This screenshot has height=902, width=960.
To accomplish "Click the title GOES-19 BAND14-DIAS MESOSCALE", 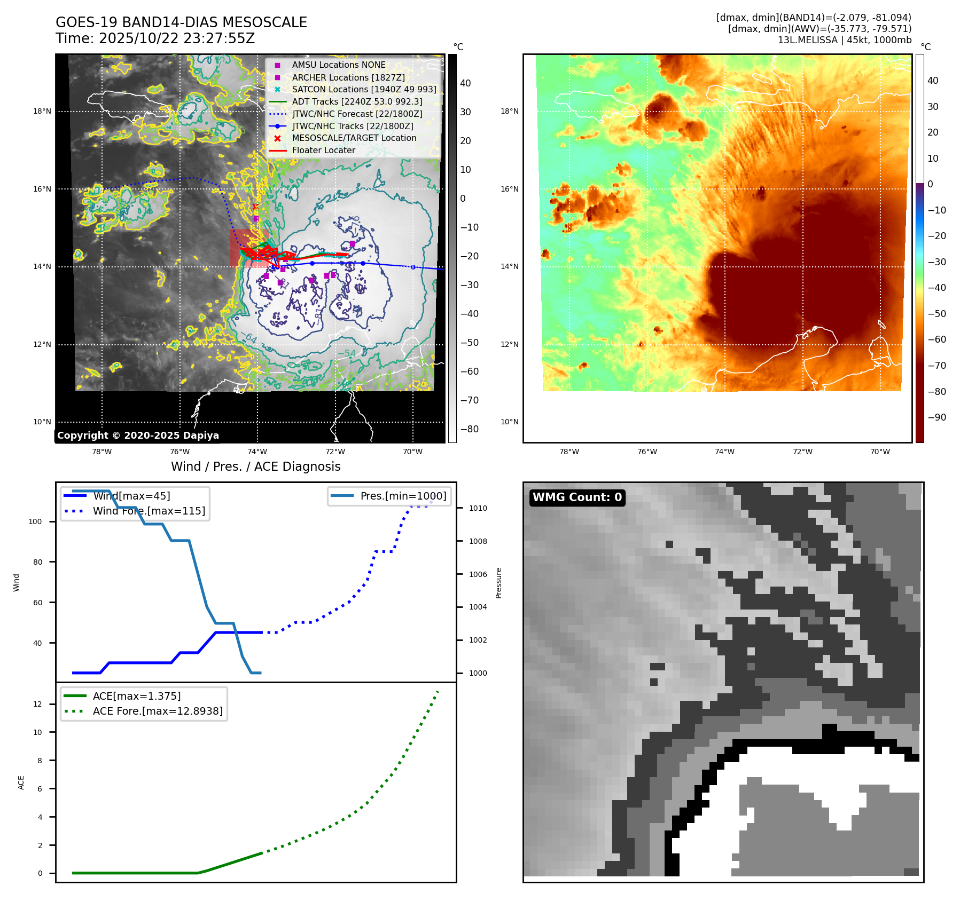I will coord(181,22).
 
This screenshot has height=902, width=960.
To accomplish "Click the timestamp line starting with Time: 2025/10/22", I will coord(155,39).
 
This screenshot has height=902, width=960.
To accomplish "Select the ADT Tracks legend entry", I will coord(357,101).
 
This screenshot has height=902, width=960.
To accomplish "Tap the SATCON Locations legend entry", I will coord(364,89).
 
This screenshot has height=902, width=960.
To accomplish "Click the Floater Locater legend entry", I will coord(323,150).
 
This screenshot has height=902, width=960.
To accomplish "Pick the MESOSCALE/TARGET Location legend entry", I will coord(354,138).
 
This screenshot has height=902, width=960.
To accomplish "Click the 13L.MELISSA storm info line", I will coord(844,40).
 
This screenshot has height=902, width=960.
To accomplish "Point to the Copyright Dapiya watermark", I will coord(138,436).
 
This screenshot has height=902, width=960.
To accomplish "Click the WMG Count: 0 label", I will coord(577,497).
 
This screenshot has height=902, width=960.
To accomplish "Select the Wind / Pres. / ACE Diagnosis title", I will coord(255,466).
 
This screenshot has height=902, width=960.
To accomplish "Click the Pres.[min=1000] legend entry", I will coord(403,496).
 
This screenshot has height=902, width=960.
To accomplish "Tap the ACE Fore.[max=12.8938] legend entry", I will coord(158,711).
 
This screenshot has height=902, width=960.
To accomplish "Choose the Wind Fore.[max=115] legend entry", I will coord(149,511).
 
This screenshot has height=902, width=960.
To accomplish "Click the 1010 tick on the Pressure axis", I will coord(478,508).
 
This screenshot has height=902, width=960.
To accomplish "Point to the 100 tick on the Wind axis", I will coord(35,521).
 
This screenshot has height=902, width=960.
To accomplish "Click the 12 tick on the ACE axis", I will coord(37,704).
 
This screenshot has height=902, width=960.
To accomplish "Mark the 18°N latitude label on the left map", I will coord(42,112).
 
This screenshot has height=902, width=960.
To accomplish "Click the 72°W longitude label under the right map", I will coord(802,452).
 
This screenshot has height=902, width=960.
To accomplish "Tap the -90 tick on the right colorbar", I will coord(936,417).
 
